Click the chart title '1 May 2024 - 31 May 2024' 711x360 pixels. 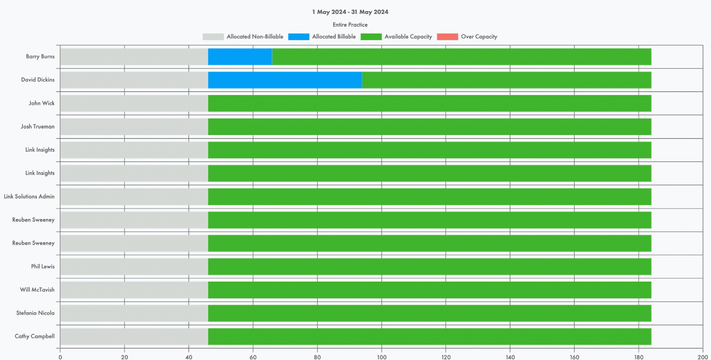pyautogui.click(x=350, y=12)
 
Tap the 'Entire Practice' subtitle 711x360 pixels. pyautogui.click(x=350, y=25)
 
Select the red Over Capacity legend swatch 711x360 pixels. pyautogui.click(x=447, y=37)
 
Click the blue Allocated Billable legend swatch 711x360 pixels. pyautogui.click(x=299, y=37)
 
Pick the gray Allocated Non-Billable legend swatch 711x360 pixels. pyautogui.click(x=213, y=37)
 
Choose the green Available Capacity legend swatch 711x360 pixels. pyautogui.click(x=371, y=37)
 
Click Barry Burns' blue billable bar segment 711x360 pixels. pyautogui.click(x=240, y=57)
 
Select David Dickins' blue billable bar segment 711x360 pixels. pyautogui.click(x=285, y=80)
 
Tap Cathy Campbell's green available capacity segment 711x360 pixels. pyautogui.click(x=429, y=336)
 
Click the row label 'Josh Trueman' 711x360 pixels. pyautogui.click(x=38, y=127)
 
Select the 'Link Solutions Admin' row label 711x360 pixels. pyautogui.click(x=29, y=196)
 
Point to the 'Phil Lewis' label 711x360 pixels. pyautogui.click(x=43, y=267)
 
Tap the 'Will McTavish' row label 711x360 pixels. pyautogui.click(x=37, y=290)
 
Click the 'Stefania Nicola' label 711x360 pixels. pyautogui.click(x=36, y=313)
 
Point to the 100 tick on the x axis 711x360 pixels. pyautogui.click(x=382, y=357)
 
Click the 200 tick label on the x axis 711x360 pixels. pyautogui.click(x=703, y=357)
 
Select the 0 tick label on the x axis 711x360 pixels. pyautogui.click(x=60, y=357)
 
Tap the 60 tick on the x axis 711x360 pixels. pyautogui.click(x=253, y=357)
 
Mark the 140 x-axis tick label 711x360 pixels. pyautogui.click(x=510, y=357)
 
